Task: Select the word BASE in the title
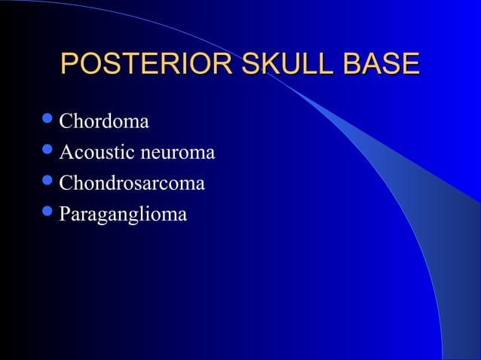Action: point(381,64)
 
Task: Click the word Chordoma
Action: point(104,121)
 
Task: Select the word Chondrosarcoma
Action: point(132,183)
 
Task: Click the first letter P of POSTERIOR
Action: point(69,64)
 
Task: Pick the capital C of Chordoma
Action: point(66,121)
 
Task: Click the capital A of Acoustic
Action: point(66,153)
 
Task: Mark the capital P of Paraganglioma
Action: point(65,215)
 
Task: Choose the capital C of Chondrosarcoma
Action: point(66,183)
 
